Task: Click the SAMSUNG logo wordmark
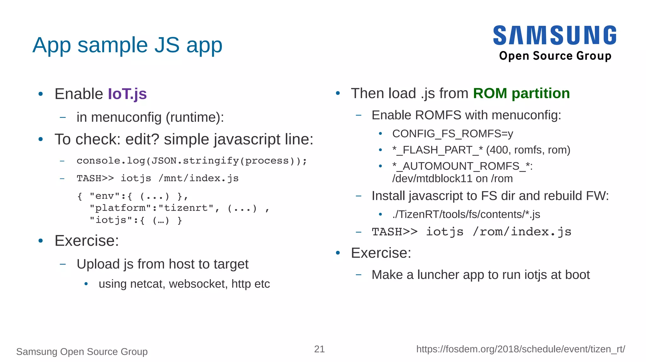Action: [555, 35]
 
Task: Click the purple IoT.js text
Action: [127, 94]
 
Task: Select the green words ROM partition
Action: [521, 93]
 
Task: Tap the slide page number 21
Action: [319, 349]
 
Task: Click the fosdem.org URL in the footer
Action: [520, 349]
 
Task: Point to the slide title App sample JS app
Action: [127, 45]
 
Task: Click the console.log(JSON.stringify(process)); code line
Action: [191, 161]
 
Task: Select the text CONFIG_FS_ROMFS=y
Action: [452, 134]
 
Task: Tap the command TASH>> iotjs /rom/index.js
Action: [471, 232]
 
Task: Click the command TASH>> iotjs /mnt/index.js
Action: [157, 178]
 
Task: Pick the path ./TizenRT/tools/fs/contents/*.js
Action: [466, 214]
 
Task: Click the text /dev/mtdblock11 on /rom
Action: [452, 178]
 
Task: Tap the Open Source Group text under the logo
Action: [555, 56]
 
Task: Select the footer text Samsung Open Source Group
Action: [82, 351]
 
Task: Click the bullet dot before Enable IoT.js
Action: [40, 94]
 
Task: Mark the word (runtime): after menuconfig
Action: [195, 117]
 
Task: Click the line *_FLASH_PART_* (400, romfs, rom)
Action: [481, 150]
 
